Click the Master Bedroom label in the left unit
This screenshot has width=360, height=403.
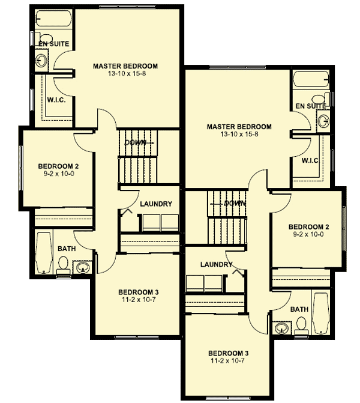[x=125, y=65]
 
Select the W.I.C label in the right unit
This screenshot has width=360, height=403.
[x=310, y=160]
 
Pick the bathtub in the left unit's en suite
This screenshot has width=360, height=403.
[x=54, y=19]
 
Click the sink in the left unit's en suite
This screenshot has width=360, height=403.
[x=42, y=59]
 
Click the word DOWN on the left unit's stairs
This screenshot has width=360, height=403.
[x=136, y=142]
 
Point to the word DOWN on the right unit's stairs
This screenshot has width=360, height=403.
[x=233, y=204]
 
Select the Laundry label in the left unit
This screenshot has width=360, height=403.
[x=156, y=204]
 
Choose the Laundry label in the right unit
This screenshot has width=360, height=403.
[x=216, y=264]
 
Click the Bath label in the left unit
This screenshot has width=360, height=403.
[x=66, y=248]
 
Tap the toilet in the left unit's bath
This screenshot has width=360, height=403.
[x=63, y=264]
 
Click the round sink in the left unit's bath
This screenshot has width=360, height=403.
[x=83, y=267]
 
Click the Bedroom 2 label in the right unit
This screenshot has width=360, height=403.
[x=308, y=226]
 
